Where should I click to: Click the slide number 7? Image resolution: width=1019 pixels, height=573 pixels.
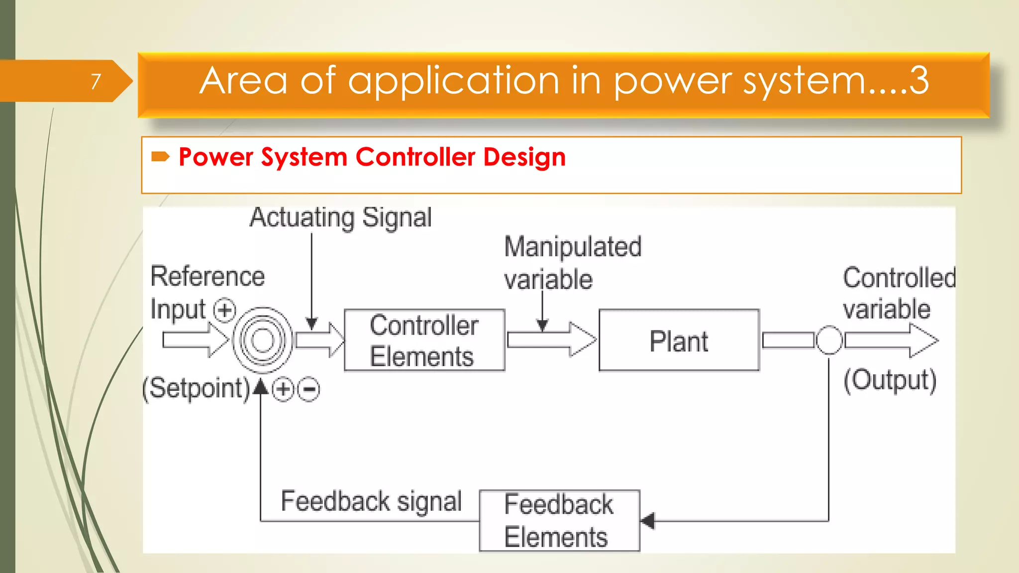pyautogui.click(x=96, y=81)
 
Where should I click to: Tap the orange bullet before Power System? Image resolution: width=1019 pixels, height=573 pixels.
pyautogui.click(x=160, y=157)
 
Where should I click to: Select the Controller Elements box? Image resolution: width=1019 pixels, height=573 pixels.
pyautogui.click(x=424, y=340)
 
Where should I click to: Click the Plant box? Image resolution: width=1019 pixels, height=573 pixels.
pyautogui.click(x=679, y=340)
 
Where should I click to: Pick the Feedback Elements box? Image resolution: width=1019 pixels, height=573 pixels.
pyautogui.click(x=559, y=520)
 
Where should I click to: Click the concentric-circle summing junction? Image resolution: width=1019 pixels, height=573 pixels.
pyautogui.click(x=263, y=340)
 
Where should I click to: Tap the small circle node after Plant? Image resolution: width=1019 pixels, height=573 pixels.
pyautogui.click(x=829, y=340)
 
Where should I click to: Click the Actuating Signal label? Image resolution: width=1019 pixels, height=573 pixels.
pyautogui.click(x=341, y=218)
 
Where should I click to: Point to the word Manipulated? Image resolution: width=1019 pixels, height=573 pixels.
pyautogui.click(x=573, y=247)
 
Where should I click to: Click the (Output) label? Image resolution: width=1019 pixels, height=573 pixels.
pyautogui.click(x=890, y=381)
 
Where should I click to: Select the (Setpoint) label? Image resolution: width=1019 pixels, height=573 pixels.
pyautogui.click(x=196, y=388)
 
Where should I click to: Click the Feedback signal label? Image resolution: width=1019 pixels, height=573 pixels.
pyautogui.click(x=371, y=501)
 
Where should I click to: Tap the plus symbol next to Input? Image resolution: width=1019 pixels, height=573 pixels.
pyautogui.click(x=224, y=311)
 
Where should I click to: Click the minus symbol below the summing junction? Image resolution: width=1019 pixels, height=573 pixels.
pyautogui.click(x=309, y=389)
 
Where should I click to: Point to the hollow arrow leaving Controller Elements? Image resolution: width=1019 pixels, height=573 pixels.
pyautogui.click(x=551, y=340)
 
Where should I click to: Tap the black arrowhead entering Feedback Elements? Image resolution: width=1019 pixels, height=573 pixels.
pyautogui.click(x=648, y=521)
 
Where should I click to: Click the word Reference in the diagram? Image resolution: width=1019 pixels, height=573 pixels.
pyautogui.click(x=207, y=277)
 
